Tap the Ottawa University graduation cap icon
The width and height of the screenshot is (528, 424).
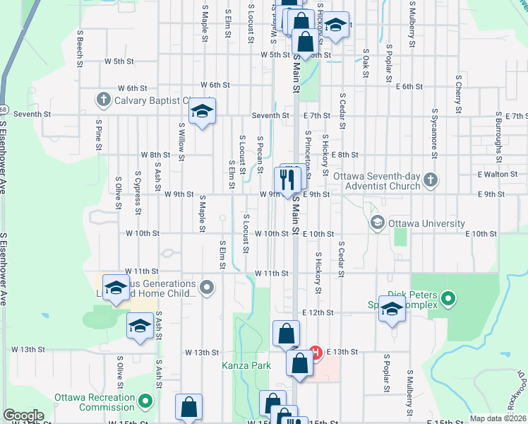[x=377, y=223]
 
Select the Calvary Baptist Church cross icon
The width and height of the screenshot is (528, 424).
[x=103, y=99]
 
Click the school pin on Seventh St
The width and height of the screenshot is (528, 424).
[x=202, y=112]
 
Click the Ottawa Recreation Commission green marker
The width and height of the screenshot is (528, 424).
[x=146, y=402]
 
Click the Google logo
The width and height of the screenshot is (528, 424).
[x=23, y=416]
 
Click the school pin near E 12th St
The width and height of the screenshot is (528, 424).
[x=392, y=308]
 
